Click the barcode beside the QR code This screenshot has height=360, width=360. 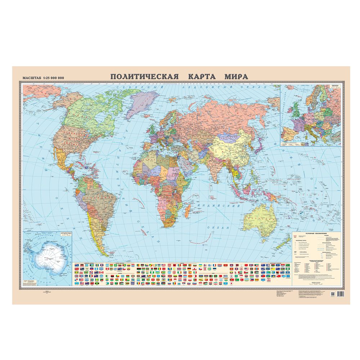(x=342, y=294)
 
